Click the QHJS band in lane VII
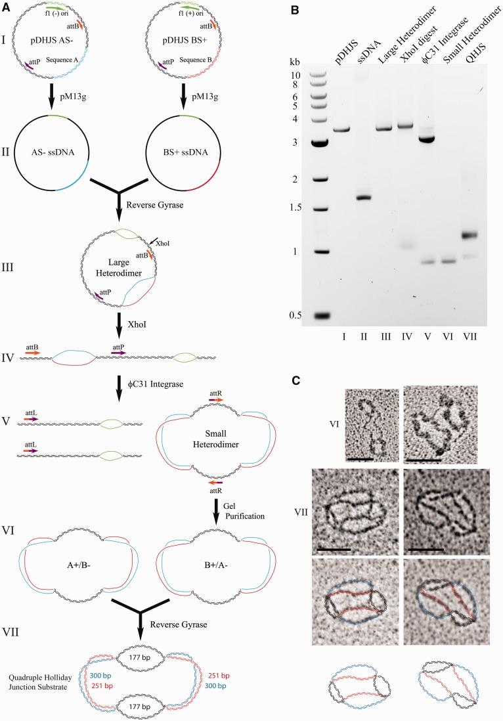pyautogui.click(x=486, y=235)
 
